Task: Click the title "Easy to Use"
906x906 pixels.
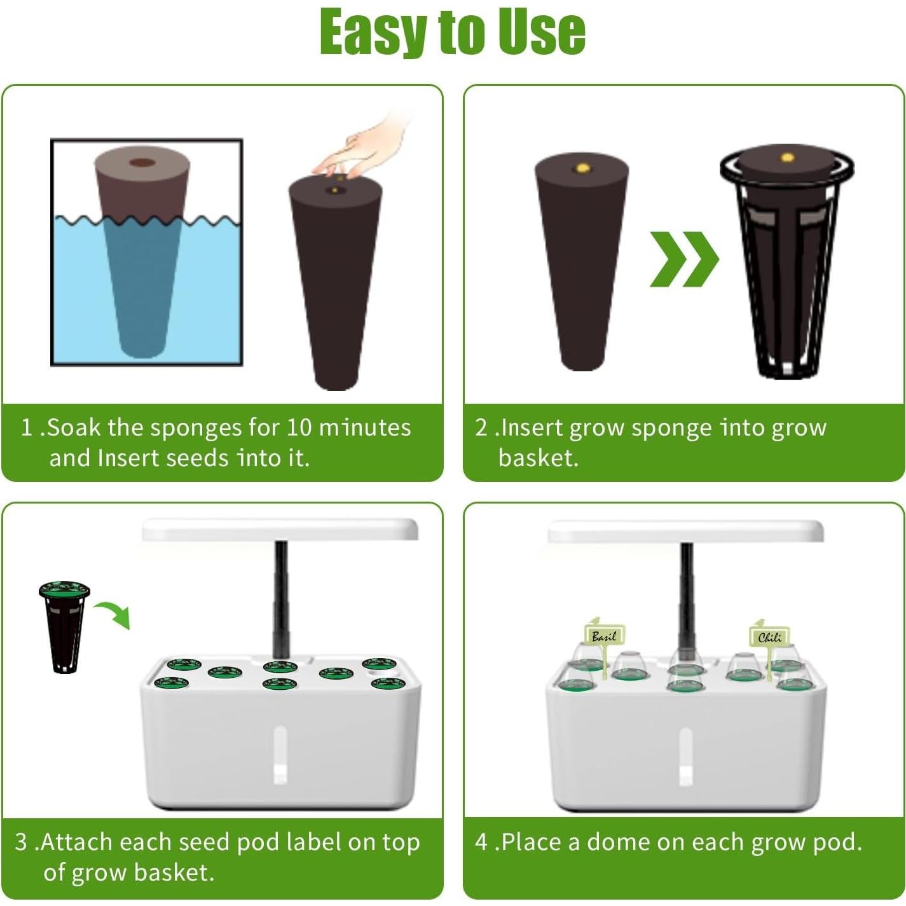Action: coord(452,32)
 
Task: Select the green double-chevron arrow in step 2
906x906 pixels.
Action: coord(683,259)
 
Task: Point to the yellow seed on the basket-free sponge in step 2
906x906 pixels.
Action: coord(582,168)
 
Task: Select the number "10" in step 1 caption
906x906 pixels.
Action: coord(298,427)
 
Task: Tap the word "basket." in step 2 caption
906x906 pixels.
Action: coord(538,458)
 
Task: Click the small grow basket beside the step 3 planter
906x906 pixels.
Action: coord(64,626)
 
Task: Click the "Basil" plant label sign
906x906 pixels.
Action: coord(604,635)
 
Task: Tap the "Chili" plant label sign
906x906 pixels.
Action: coord(769,636)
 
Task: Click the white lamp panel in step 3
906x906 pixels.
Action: coord(280,529)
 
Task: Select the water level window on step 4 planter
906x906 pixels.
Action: coord(685,756)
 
